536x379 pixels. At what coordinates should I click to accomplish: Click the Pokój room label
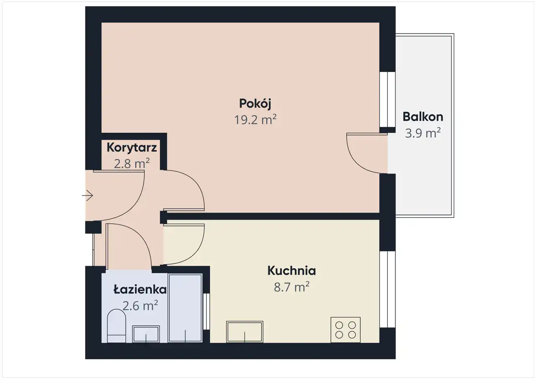pos(255,104)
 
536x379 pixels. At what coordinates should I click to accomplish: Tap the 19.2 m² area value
pos(255,120)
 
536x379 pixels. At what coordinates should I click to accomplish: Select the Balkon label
pos(423,117)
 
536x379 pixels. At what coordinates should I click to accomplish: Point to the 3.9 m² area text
pos(423,133)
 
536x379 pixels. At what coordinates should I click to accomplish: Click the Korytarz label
pos(131,147)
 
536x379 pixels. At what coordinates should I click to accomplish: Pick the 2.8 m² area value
pos(131,163)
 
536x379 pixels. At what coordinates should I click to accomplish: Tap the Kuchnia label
pos(292,271)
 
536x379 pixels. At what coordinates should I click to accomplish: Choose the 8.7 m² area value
pos(292,287)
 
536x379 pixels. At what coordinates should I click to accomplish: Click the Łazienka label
pos(140,290)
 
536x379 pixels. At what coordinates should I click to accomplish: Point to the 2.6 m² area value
pos(140,306)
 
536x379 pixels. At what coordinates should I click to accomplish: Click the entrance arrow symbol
pos(88,196)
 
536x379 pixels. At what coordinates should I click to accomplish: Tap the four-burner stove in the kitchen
pos(345,330)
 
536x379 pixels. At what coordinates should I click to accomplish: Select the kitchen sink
pos(245,332)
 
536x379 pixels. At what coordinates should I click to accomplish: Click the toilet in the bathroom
pos(116,326)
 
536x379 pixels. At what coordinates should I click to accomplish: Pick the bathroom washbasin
pos(146,334)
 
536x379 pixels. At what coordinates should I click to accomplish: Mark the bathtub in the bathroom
pos(185,308)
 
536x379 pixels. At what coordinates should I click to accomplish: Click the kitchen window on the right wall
pos(388,289)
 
